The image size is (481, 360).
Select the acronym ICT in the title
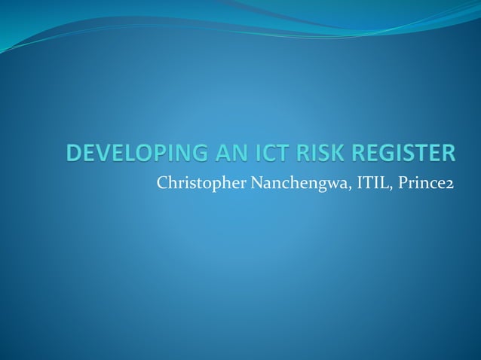pos(262,154)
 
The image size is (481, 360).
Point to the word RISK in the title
pos(314,154)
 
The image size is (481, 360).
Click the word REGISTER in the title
pos(399,154)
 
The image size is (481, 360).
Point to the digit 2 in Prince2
pos(449,184)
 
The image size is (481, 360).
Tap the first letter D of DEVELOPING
pos(72,154)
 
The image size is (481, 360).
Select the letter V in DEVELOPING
pos(100,154)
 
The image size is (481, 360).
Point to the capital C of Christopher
pos(161,182)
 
